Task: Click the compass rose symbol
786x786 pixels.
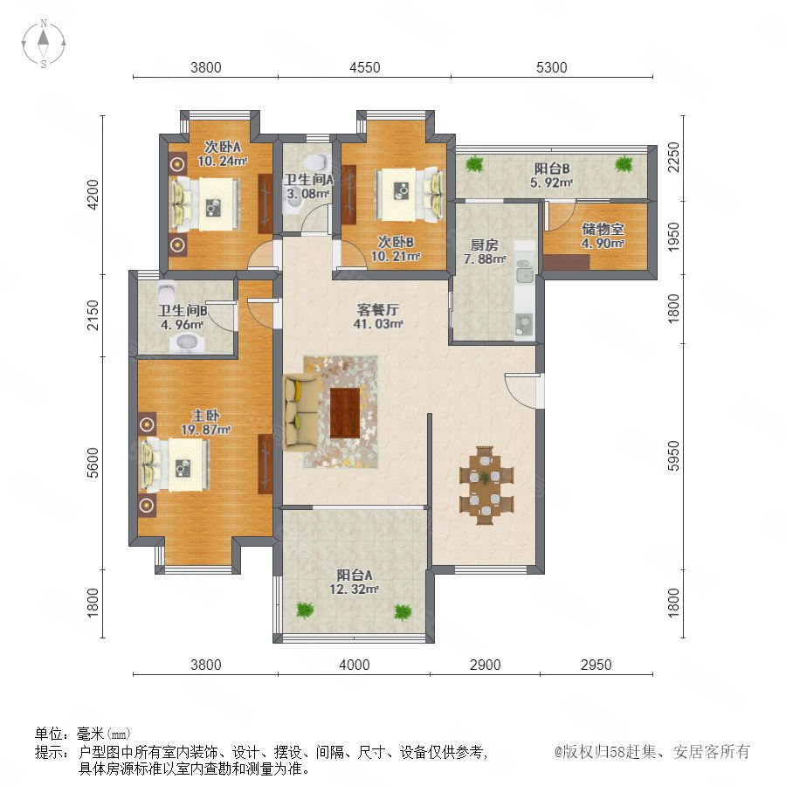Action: tap(44, 43)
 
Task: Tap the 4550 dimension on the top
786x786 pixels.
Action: tap(364, 67)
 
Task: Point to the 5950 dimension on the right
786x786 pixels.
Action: tap(673, 456)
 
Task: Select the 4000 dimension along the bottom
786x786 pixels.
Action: tap(355, 665)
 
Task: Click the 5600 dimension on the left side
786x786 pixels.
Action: tap(93, 463)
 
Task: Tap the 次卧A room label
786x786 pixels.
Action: tap(223, 147)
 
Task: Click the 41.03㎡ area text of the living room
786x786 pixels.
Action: tap(378, 324)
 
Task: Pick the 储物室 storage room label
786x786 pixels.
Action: tap(603, 229)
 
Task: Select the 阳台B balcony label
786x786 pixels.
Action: tap(551, 169)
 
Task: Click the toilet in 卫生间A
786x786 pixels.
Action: tap(317, 162)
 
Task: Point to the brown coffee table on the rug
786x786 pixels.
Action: tap(345, 412)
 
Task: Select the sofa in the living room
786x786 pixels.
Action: tap(301, 412)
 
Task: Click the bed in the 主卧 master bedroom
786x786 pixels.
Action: tap(175, 465)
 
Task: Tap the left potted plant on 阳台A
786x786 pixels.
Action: tap(304, 610)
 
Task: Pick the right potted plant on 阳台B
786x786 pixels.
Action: tap(624, 163)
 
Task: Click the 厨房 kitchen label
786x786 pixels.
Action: tap(484, 245)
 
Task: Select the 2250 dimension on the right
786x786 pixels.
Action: tap(673, 157)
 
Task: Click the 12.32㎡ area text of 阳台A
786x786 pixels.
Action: tap(354, 589)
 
